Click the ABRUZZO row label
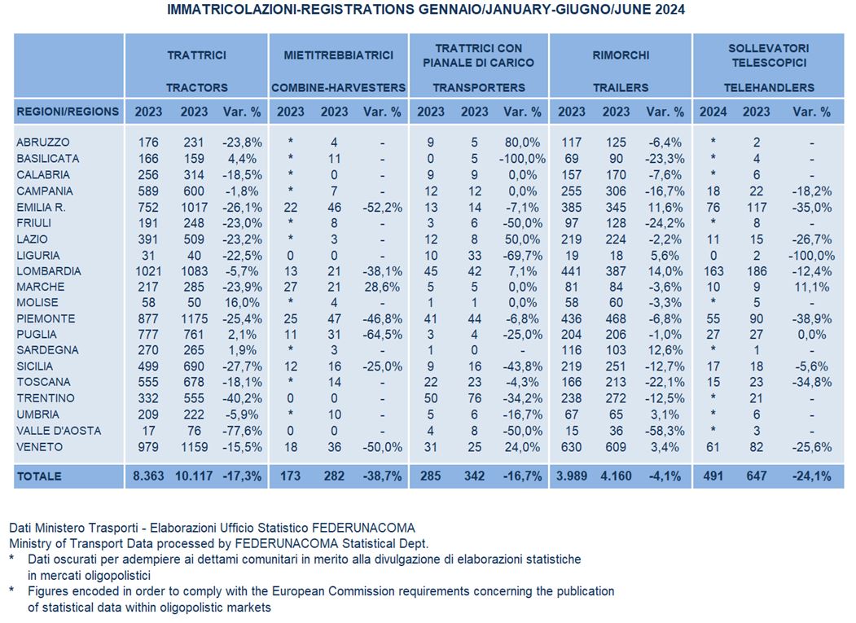43,143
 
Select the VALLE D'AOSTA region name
59,431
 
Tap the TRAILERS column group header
621,87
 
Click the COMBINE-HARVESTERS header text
339,87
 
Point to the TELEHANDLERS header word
769,87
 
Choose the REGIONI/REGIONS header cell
68,112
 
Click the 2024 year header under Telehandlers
713,112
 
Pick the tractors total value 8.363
148,476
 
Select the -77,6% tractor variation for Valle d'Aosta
242,431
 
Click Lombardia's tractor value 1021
148,271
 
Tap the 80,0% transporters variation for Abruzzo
522,143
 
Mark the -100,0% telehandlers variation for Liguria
812,256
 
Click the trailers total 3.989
572,476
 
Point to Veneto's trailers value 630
572,447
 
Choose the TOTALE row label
39,476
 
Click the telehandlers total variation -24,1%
812,476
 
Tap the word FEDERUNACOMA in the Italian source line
363,528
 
